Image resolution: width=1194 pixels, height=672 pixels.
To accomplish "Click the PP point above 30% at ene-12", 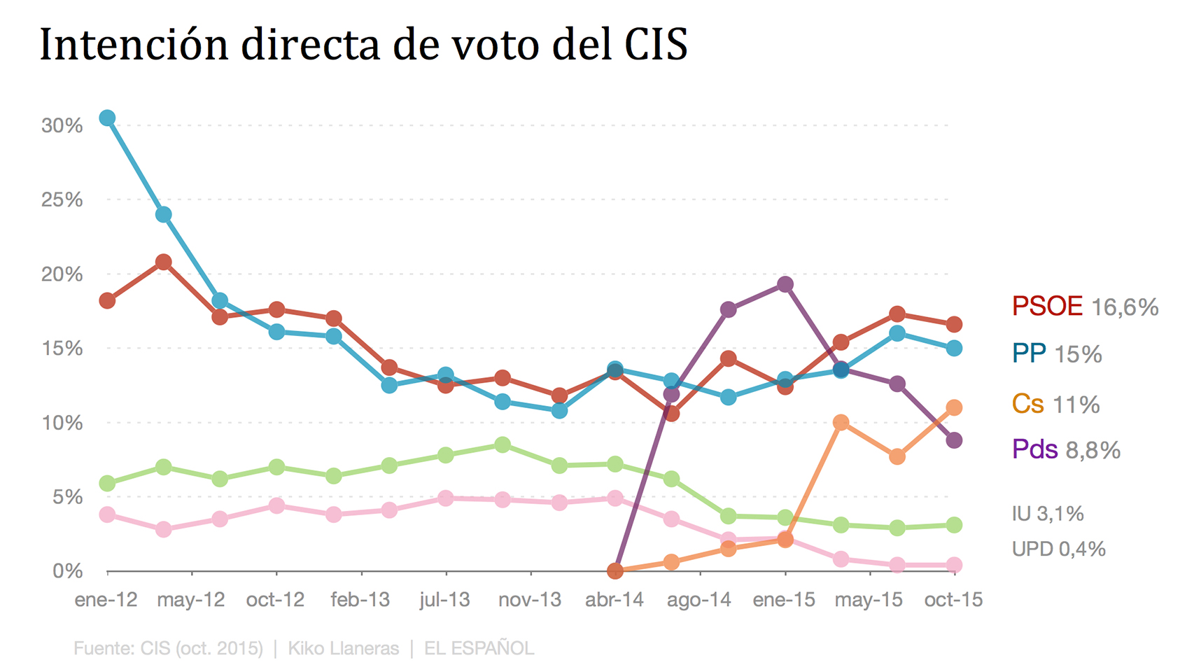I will [107, 118].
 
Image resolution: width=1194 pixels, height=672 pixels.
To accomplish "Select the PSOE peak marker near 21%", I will [164, 262].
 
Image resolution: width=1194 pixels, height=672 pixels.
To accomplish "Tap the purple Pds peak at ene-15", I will [785, 284].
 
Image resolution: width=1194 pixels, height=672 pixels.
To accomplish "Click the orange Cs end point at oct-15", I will [954, 407].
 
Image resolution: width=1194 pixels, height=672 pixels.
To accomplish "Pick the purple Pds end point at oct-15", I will [954, 440].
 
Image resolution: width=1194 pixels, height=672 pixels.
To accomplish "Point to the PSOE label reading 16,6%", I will [1085, 307].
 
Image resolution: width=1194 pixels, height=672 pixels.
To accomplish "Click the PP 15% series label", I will [1057, 354].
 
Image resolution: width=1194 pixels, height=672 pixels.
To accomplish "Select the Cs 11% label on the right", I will [1055, 405].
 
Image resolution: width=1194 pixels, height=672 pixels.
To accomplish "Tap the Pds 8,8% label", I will [1066, 449].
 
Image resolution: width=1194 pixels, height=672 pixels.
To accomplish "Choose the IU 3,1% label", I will [1048, 514].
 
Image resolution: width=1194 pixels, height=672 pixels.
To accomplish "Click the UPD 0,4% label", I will [1058, 549].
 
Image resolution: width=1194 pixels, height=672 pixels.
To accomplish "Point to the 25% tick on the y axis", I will [62, 200].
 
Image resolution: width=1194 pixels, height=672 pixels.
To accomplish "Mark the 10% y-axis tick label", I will [62, 423].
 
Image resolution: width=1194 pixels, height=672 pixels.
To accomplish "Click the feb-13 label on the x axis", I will [360, 600].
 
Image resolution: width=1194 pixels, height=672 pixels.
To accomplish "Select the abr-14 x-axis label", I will [614, 600].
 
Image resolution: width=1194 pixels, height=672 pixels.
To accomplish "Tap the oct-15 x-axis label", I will [953, 600].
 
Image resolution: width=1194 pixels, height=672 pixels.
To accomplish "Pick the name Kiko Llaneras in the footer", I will [344, 648].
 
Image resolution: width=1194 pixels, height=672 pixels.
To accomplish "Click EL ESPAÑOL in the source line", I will [479, 648].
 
